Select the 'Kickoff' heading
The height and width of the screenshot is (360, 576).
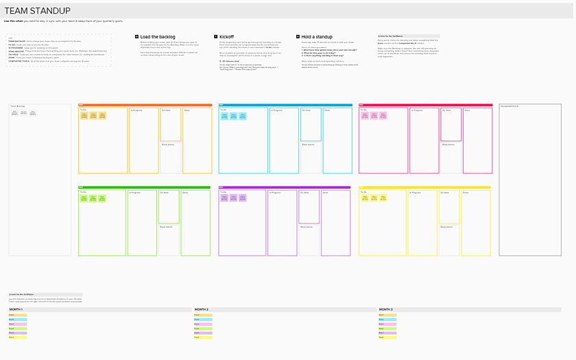pos(226,36)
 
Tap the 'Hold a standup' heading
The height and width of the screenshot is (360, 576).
pos(317,36)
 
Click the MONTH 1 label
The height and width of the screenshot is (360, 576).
pos(16,310)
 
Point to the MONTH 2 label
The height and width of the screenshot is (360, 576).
pos(201,310)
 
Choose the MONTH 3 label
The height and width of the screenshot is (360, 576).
pos(385,310)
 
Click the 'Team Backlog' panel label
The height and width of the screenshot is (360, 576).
pos(17,106)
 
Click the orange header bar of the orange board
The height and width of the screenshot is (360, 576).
pos(145,105)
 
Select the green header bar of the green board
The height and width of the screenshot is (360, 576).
pos(144,187)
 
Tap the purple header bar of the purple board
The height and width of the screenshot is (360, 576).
pos(285,187)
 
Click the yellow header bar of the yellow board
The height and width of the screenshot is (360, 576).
pos(425,187)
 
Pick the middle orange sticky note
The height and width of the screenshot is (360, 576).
pos(93,116)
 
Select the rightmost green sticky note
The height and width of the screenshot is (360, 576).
pos(102,198)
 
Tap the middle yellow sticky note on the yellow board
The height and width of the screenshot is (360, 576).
pos(374,198)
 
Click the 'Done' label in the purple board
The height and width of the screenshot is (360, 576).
pos(326,193)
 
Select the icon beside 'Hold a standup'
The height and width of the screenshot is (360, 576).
pos(298,36)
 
